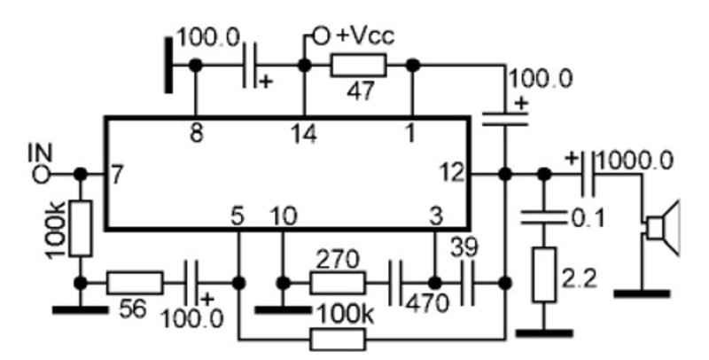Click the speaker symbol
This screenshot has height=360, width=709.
662,229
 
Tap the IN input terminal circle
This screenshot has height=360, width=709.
42,174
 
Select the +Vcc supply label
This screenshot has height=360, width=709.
366,35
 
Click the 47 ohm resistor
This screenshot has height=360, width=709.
359,66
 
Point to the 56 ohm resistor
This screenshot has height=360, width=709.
135,283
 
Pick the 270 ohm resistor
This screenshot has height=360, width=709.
338,283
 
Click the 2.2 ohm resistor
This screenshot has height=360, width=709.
544,275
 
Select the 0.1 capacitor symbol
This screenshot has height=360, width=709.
544,217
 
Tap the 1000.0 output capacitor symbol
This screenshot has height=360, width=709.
588,174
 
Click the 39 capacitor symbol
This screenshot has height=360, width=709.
468,283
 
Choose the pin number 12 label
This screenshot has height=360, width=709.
453,174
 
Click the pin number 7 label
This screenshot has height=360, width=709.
116,175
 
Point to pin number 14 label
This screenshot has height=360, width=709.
304,135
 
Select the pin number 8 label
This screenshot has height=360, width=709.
196,134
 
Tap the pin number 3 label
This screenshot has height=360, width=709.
435,217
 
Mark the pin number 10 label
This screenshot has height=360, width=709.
284,217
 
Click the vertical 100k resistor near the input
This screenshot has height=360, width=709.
81,229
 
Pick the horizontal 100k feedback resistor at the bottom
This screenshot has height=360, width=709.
338,340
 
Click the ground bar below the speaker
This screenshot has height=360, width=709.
642,294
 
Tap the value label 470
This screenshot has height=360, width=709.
428,304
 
